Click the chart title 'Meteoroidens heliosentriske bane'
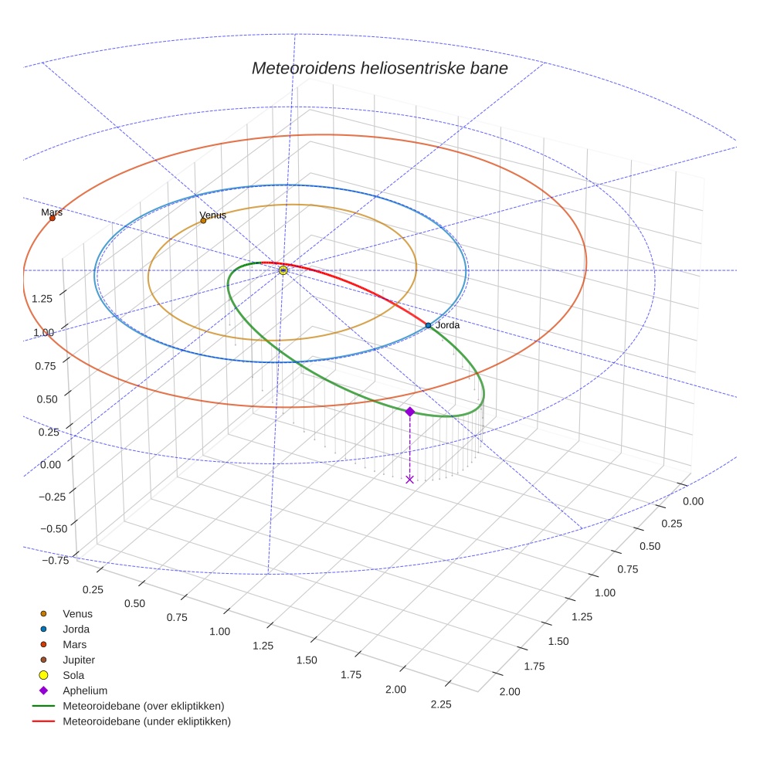point(379,68)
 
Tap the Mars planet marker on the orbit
point(53,218)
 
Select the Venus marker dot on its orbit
point(203,220)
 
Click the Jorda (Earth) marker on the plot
point(428,325)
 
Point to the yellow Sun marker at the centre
point(283,270)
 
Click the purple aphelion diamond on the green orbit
point(409,412)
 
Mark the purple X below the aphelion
point(409,480)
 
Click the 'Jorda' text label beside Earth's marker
point(447,325)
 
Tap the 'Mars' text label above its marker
point(52,212)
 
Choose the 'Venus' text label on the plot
point(212,215)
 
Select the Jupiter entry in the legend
point(78,660)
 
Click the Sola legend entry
point(73,675)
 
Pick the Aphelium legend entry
point(84,690)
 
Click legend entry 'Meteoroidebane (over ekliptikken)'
point(143,706)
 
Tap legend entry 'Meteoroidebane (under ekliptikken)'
point(146,721)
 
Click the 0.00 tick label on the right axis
point(693,501)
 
